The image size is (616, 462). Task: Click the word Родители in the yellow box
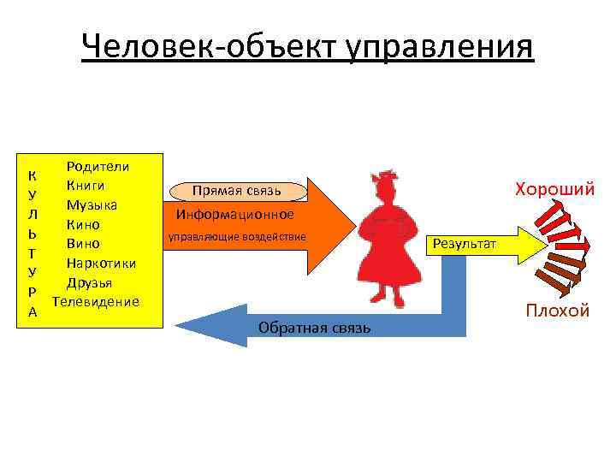tap(98, 166)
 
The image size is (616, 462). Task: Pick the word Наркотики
tap(98, 263)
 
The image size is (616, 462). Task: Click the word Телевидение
tap(96, 301)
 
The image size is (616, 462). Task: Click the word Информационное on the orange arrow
tap(235, 214)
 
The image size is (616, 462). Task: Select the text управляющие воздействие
tap(236, 236)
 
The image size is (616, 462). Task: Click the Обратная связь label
tap(314, 329)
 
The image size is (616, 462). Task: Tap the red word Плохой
tap(557, 310)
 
